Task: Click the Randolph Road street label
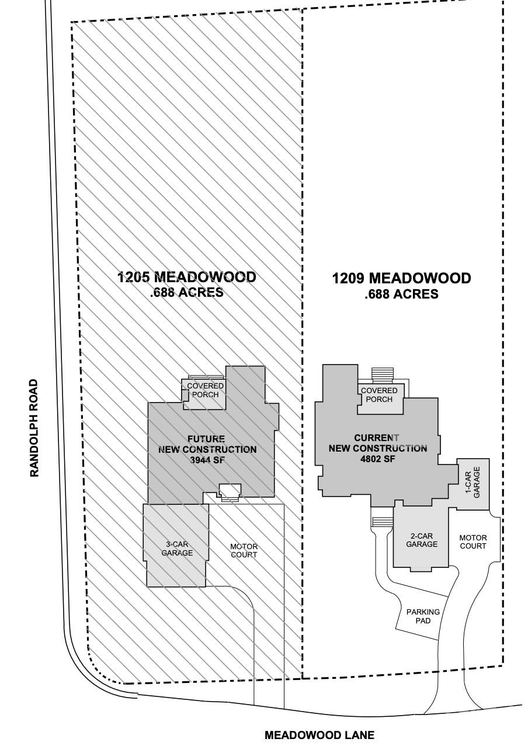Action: click(x=34, y=428)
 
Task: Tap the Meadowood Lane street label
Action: click(x=319, y=735)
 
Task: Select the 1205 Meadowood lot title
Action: click(x=186, y=277)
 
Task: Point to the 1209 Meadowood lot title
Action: click(x=401, y=279)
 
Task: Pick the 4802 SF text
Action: click(x=378, y=459)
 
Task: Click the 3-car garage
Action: click(x=176, y=548)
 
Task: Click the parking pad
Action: click(x=422, y=616)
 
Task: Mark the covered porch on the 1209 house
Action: click(x=379, y=395)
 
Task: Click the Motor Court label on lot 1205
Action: click(x=244, y=550)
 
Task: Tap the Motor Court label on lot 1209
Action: click(x=473, y=542)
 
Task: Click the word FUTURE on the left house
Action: click(x=206, y=439)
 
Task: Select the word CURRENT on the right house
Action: click(x=377, y=438)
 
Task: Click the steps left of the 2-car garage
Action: click(x=382, y=521)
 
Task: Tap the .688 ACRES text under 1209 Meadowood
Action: click(x=401, y=294)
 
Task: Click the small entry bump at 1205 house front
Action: click(x=230, y=491)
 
